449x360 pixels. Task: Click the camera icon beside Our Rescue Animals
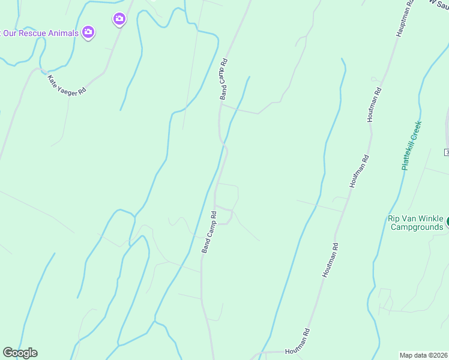[88, 32]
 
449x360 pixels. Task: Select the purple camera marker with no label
[119, 20]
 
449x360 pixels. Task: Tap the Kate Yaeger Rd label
[67, 83]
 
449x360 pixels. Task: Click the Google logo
[20, 353]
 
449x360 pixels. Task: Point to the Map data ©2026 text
[423, 355]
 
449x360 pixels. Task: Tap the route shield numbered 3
[447, 152]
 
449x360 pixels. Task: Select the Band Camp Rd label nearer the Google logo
[209, 232]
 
